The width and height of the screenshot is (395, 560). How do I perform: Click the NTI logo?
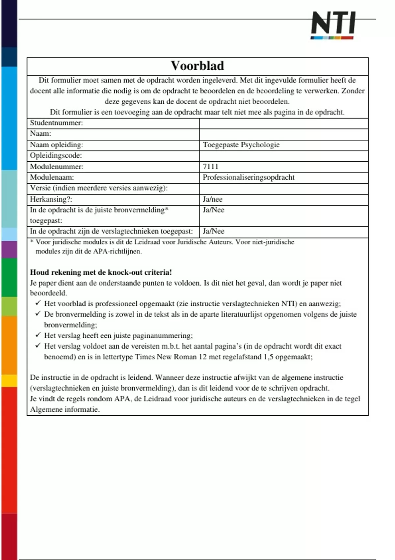coord(333,25)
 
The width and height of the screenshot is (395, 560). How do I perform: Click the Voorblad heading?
coord(197,66)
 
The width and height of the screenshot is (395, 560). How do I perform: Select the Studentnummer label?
coord(56,123)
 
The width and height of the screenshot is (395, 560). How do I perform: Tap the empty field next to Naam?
coord(283,134)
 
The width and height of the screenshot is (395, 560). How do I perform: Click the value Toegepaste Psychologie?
coord(241,145)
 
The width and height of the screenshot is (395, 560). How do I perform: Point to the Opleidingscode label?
coord(56,155)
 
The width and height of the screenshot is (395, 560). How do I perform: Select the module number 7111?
coord(210,166)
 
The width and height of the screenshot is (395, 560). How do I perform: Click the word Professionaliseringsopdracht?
coord(249,177)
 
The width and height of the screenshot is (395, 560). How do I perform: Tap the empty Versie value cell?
coord(283,188)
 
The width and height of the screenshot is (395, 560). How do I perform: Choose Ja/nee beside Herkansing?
coord(212,199)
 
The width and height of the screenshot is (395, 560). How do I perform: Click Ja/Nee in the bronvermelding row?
coord(213,210)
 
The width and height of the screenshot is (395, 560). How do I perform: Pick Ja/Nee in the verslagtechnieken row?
coord(213,231)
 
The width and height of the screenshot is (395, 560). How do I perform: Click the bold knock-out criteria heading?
coord(101,272)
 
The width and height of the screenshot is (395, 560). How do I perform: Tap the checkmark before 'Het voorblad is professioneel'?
coord(38,303)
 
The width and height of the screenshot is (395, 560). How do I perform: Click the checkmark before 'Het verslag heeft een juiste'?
coord(38,335)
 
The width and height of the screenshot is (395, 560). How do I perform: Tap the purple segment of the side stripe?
coord(9,249)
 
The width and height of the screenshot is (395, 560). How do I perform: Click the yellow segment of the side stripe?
coord(9,381)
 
